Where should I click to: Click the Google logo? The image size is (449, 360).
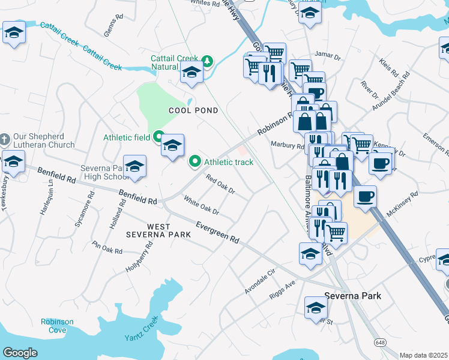pyautogui.click(x=20, y=353)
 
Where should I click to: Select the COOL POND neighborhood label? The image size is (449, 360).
pyautogui.click(x=193, y=110)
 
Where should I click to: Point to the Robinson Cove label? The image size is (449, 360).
pyautogui.click(x=57, y=326)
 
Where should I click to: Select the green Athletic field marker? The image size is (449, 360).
pyautogui.click(x=159, y=137)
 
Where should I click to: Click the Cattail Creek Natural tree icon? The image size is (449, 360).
pyautogui.click(x=207, y=61)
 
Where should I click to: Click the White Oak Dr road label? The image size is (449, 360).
pyautogui.click(x=201, y=207)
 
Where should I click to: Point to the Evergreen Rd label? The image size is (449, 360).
pyautogui.click(x=218, y=232)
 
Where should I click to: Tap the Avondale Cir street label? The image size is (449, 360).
pyautogui.click(x=259, y=281)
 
